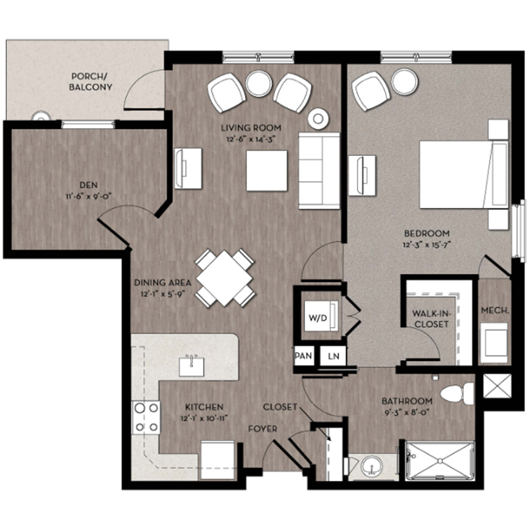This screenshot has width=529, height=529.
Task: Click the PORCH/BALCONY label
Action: (x=90, y=81)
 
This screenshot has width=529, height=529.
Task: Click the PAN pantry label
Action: (x=303, y=356)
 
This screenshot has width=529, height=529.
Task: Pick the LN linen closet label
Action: (x=333, y=356)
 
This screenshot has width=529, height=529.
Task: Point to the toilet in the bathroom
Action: (x=457, y=394)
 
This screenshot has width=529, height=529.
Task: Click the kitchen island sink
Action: (x=191, y=366)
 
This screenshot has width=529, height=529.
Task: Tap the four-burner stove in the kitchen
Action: (x=146, y=417)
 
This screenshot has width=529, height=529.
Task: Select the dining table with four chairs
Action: (x=225, y=278)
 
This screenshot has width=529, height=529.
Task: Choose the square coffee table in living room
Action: (x=267, y=170)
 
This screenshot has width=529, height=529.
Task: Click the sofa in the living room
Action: (x=319, y=170)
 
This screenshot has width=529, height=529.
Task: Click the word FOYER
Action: (x=262, y=429)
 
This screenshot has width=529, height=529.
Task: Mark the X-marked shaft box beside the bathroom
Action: (x=498, y=386)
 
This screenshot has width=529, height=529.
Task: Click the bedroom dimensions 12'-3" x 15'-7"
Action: (x=427, y=244)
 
